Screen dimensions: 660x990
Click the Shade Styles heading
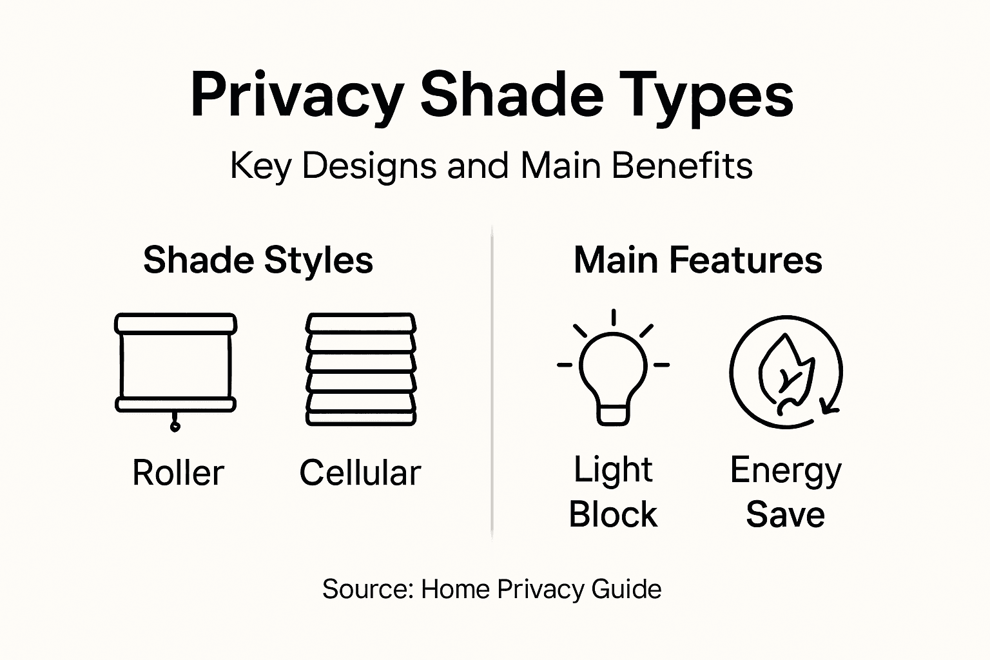[258, 260]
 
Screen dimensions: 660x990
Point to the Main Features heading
[698, 260]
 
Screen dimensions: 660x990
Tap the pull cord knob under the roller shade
[175, 426]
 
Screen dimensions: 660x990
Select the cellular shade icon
[361, 369]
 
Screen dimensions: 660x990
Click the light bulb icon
[613, 377]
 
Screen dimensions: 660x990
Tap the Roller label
[178, 473]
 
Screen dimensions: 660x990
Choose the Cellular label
[360, 473]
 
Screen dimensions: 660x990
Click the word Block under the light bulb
[613, 515]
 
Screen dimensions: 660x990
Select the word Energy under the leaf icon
[786, 471]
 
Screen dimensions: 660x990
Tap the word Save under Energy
[785, 515]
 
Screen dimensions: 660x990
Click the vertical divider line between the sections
[492, 387]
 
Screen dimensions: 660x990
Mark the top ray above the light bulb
[614, 317]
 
